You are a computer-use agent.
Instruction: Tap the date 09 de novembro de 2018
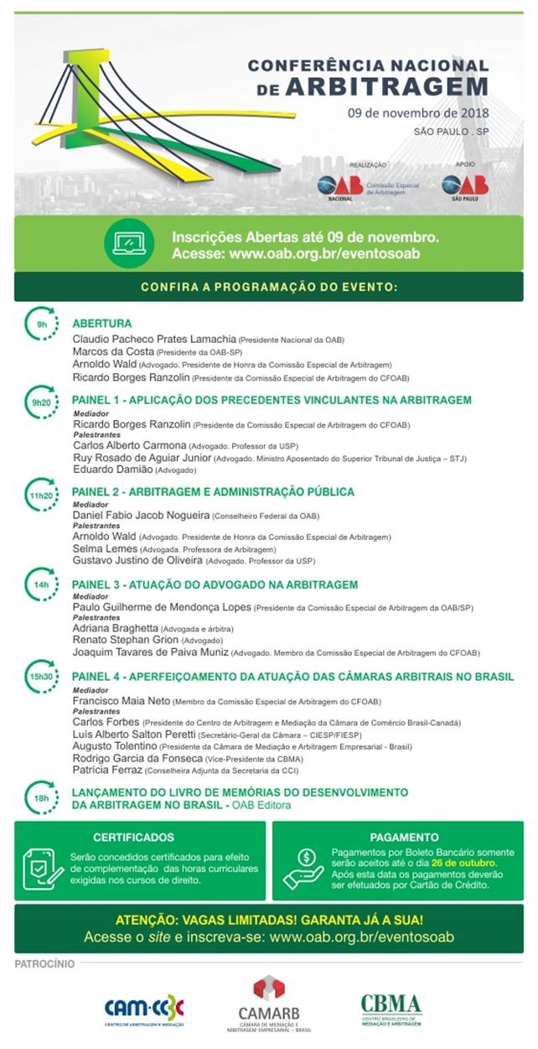(419, 112)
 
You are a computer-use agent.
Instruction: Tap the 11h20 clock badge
(41, 496)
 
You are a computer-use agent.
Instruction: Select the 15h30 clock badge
(41, 676)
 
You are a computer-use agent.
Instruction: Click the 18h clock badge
(41, 797)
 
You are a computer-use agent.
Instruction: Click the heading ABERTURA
(101, 323)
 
